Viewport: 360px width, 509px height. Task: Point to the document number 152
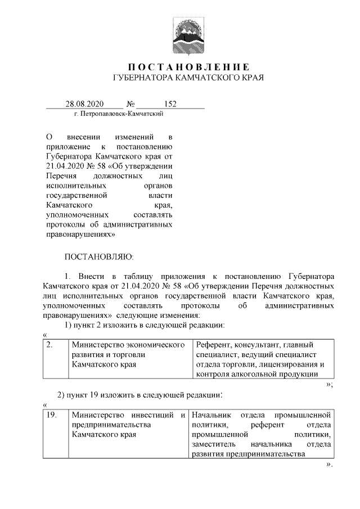tap(170, 104)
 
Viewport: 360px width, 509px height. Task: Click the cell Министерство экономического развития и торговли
tap(128, 354)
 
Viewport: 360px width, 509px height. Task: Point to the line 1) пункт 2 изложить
tap(145, 325)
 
